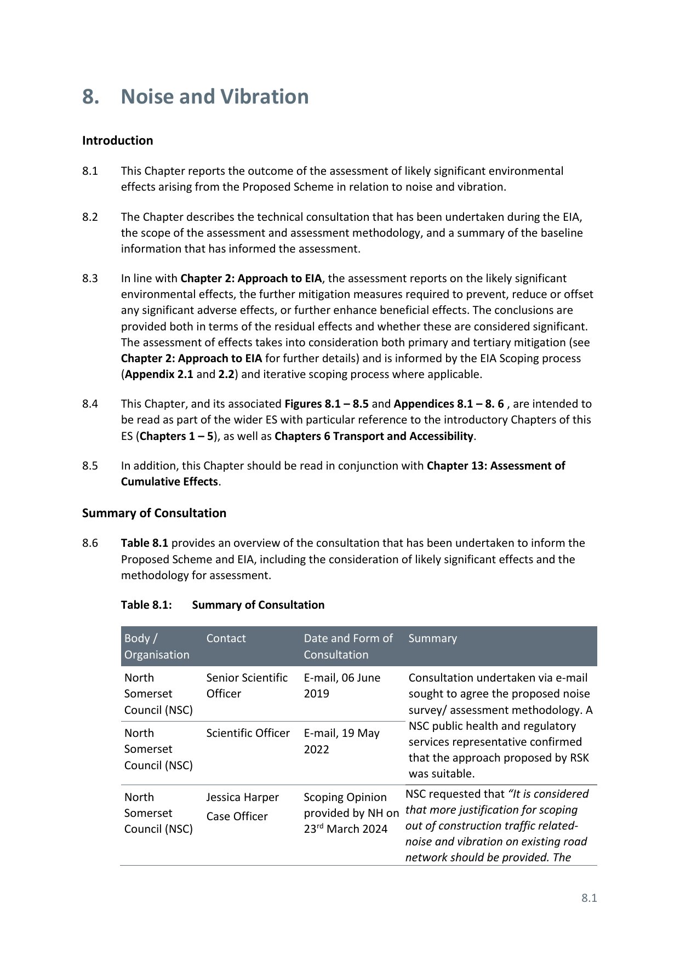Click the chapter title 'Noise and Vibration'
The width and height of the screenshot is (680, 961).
coord(214,96)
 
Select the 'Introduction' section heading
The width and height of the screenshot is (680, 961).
coord(117,140)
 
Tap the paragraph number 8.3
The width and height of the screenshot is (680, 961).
coord(90,278)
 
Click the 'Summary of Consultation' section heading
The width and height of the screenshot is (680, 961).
coord(154,513)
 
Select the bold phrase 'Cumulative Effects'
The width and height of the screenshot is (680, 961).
coord(169,482)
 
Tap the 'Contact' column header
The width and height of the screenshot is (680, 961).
coord(226,638)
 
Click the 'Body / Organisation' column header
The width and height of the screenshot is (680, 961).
coord(156,647)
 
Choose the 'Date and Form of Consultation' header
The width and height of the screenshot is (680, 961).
coord(348,647)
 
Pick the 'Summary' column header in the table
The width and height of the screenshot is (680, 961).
coord(432,638)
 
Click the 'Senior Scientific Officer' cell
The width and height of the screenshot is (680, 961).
coord(247,685)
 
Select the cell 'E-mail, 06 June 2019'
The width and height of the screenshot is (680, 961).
coord(342,685)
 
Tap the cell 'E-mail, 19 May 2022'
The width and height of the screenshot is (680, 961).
coord(341,741)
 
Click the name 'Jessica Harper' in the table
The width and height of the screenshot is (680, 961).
coord(242,797)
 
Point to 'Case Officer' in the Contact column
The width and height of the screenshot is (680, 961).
coord(237,816)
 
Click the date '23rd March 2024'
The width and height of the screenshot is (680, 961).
coord(346,829)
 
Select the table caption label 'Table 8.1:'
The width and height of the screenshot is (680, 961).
coord(146,605)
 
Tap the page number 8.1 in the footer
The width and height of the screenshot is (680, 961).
coord(589,898)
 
